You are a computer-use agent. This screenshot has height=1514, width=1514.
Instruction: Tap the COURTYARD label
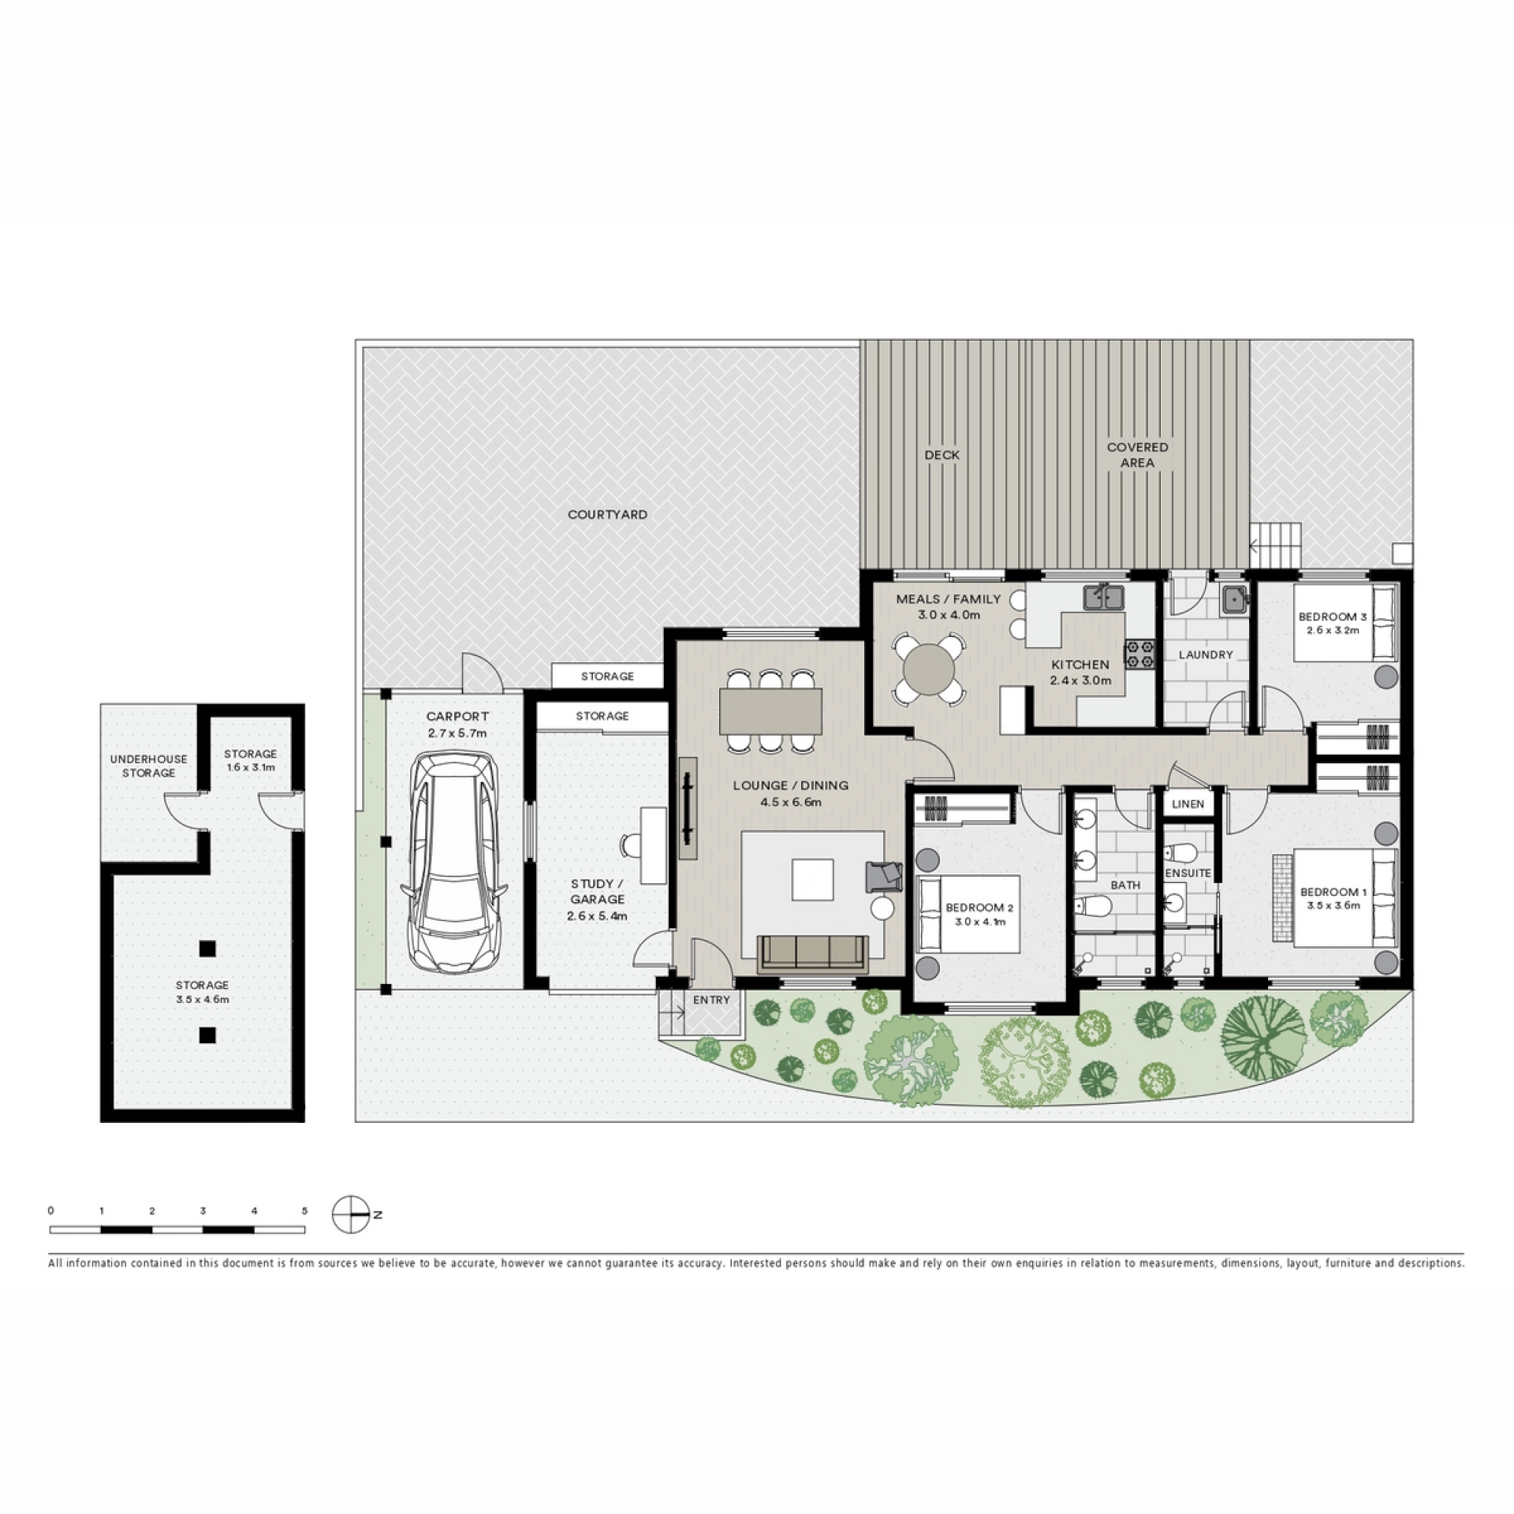(x=607, y=514)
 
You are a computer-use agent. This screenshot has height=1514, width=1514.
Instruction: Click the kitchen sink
(x=1103, y=597)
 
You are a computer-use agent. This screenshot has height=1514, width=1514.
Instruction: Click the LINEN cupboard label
(x=1188, y=804)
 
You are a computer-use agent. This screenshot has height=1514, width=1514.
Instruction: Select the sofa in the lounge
(x=812, y=954)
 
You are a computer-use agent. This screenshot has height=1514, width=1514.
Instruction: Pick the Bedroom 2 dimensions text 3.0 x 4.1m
(x=979, y=921)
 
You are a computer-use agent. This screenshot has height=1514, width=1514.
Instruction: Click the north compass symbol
(x=351, y=1214)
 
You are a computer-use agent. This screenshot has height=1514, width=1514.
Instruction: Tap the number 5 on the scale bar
(x=304, y=1210)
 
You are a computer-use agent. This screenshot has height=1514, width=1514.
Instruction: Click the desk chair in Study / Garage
(x=631, y=845)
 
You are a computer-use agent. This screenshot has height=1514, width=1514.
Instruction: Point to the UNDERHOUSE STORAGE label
(x=148, y=766)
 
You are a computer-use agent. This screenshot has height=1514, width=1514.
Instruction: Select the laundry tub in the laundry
(x=1234, y=600)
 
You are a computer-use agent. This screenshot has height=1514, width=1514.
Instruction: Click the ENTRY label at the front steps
(x=711, y=1000)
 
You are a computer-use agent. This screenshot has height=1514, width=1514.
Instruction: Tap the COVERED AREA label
(x=1137, y=455)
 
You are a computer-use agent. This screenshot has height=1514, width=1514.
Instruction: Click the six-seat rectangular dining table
(x=770, y=711)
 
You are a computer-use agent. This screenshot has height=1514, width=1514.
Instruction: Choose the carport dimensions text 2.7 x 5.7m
(x=457, y=733)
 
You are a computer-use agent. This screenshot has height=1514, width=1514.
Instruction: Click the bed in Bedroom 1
(x=1336, y=898)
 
